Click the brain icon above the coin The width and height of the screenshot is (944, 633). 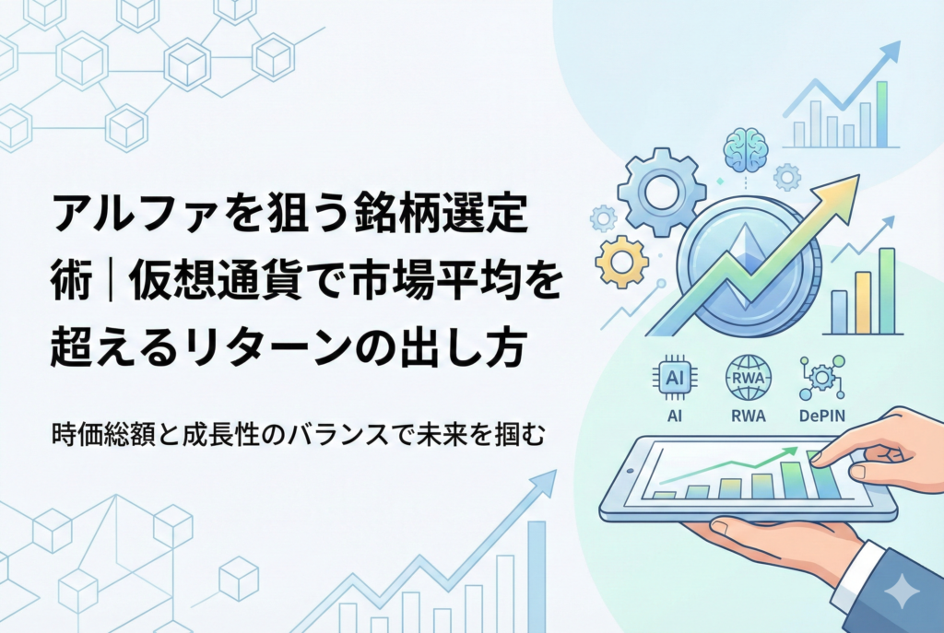point(745,147)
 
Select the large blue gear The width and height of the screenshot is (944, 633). point(661,192)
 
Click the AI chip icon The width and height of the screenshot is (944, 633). point(675,378)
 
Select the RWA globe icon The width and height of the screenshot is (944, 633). point(748,378)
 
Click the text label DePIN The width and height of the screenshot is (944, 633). point(822,416)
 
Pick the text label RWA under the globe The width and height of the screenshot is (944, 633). point(748,416)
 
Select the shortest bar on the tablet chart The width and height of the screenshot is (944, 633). point(664,495)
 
